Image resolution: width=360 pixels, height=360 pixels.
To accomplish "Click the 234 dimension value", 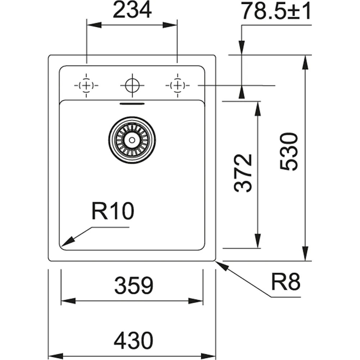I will point(132,11).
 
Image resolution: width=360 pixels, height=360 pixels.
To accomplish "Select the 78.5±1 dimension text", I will point(276,11).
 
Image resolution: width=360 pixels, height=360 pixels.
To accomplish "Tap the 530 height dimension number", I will point(289,152).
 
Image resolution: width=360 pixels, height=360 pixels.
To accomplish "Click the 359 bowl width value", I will point(134,286).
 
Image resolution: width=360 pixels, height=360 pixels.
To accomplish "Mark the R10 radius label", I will point(113,211).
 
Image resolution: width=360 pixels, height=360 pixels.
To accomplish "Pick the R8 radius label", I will point(285,283).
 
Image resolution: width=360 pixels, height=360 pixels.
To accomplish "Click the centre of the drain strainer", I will point(132,140).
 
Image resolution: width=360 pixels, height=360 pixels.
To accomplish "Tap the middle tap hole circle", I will point(132,85).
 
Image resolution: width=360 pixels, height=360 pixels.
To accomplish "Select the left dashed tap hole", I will point(86,85).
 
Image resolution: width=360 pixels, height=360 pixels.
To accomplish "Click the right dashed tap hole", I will point(177,85).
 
